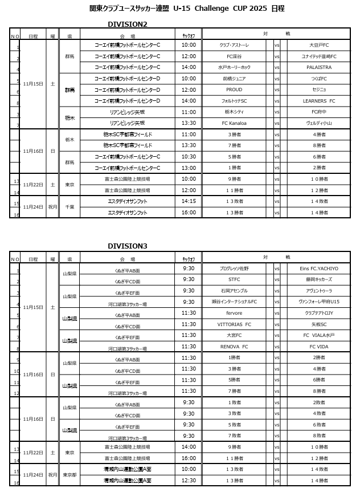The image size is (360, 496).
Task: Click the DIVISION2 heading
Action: pos(128,24)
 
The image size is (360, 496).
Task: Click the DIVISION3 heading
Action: pos(128,246)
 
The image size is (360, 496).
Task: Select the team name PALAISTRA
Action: pos(319,67)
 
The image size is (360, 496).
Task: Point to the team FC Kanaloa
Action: pos(234,123)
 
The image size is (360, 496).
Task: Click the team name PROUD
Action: pos(234,90)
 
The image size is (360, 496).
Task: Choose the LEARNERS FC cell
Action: pos(319,101)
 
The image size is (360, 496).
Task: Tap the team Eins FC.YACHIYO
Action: pos(319,269)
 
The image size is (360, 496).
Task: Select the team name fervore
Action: pos(234,313)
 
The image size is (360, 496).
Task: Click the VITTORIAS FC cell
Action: pos(234,324)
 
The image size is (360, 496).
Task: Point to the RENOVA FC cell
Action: pos(234,347)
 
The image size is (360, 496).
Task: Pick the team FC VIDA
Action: pos(319,347)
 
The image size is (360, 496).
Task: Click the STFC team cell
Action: pos(234,279)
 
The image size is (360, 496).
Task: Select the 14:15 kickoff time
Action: pos(189,201)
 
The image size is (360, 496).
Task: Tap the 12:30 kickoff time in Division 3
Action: pos(189,481)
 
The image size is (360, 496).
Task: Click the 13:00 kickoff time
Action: pos(189,168)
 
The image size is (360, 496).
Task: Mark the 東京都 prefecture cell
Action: pos(69,475)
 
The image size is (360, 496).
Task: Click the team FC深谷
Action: pos(234,56)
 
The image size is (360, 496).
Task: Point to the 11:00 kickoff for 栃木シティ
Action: pos(189,112)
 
